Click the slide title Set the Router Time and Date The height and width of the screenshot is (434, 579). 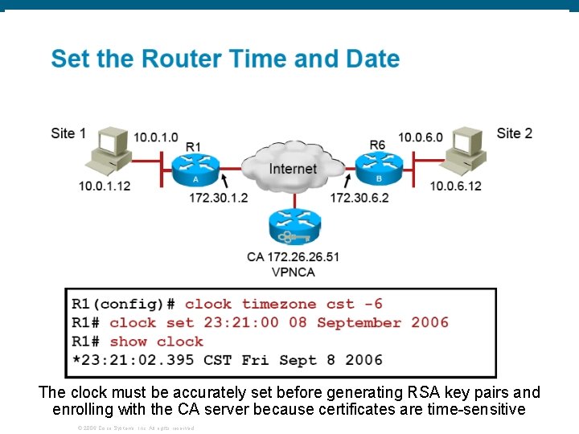pos(225,59)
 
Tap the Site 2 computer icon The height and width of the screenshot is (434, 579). pos(466,153)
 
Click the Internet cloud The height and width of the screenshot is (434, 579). pos(292,168)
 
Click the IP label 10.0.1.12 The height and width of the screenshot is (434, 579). pos(105,186)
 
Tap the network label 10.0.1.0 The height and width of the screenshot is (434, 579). pos(156,137)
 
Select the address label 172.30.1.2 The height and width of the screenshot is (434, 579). pos(219,198)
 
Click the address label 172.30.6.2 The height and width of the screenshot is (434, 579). pos(359,198)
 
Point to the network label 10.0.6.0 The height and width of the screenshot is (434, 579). pos(420,137)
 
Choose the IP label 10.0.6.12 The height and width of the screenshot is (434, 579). pos(456,186)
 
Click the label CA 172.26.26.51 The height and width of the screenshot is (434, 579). pos(293,257)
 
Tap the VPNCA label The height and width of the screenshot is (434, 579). pos(293,272)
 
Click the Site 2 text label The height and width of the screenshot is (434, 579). pos(515,133)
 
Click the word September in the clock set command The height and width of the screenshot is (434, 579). pos(359,322)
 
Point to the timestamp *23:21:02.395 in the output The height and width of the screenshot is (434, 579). pos(133,359)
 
